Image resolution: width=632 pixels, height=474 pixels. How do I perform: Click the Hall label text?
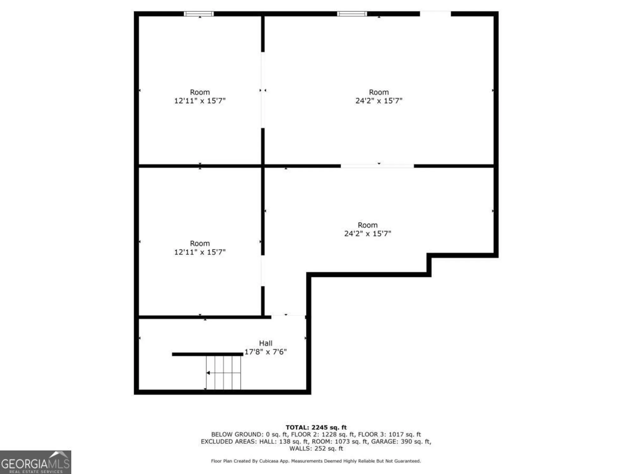tap(265, 343)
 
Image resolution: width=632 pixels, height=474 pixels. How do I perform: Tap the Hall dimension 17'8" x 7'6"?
tap(265, 352)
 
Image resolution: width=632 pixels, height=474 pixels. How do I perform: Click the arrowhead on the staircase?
tap(208, 373)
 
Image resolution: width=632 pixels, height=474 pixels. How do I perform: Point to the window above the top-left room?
tap(199, 14)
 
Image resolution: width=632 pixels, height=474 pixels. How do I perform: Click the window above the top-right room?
tap(352, 14)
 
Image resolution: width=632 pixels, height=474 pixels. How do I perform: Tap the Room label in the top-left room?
tap(200, 92)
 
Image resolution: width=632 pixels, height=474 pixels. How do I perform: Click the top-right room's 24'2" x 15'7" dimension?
tap(379, 101)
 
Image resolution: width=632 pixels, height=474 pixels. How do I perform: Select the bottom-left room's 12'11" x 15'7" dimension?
tap(200, 252)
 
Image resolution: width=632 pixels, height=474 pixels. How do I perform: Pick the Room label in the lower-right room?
tap(368, 225)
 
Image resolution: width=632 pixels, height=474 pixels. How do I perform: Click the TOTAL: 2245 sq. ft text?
tap(316, 428)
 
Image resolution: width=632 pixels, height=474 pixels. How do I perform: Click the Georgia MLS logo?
tap(35, 462)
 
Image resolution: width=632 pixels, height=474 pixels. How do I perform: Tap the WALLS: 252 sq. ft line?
tap(316, 448)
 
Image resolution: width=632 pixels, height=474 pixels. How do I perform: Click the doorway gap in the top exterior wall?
tap(435, 14)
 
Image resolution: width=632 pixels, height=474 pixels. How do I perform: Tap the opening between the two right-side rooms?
tap(377, 166)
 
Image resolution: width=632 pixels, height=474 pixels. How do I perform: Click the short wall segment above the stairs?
tap(208, 354)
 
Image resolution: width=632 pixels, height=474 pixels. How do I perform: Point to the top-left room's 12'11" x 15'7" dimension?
tap(200, 101)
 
